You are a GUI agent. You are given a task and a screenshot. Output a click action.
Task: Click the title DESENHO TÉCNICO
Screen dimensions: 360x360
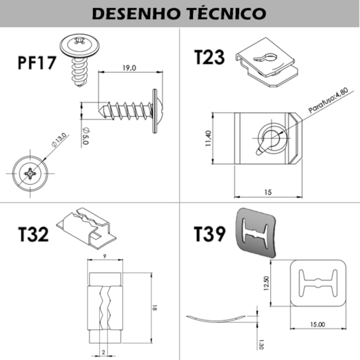click(179, 14)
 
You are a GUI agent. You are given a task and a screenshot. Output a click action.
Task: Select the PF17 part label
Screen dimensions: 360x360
click(37, 64)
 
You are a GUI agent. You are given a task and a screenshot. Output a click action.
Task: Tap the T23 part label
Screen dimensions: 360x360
click(209, 57)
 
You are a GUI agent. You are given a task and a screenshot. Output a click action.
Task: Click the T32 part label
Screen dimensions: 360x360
click(33, 235)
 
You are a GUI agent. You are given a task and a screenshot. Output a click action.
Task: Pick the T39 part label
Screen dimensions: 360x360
click(209, 234)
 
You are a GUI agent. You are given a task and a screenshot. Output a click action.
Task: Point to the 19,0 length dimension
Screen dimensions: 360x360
click(130, 67)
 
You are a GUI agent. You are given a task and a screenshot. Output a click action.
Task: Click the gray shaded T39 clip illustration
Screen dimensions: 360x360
click(259, 233)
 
